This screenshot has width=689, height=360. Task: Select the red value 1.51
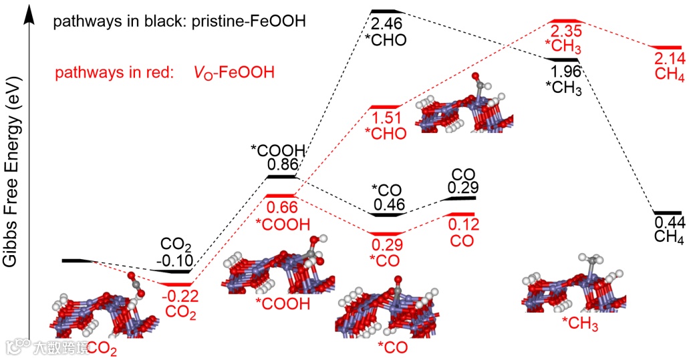point(386,119)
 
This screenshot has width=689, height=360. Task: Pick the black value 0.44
point(669,222)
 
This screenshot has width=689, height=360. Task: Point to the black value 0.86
point(281,164)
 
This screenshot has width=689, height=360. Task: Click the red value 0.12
point(463,224)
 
